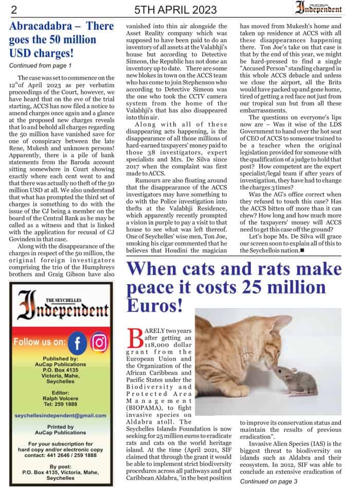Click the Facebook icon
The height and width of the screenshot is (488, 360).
click(78, 342)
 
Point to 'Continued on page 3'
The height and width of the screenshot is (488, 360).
click(269, 481)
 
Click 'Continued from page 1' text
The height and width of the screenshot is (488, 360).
click(40, 65)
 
